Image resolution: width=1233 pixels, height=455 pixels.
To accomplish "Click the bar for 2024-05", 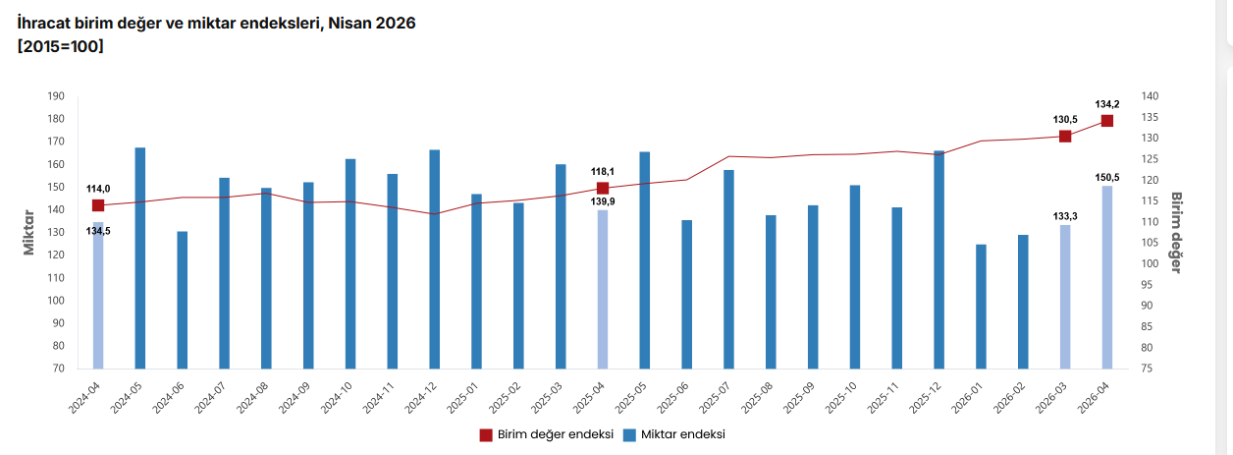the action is point(140,257).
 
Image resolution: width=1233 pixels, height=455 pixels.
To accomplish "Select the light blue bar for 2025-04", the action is point(603,289).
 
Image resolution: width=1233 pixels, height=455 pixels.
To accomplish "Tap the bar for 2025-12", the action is point(939,259).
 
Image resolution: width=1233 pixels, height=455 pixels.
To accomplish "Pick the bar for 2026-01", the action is point(981,307).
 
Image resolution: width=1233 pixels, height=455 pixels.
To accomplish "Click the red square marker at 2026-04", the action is point(1107,121).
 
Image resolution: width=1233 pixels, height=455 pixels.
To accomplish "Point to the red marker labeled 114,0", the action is point(98,205).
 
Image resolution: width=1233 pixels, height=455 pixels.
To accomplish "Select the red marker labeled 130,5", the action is point(1065,137).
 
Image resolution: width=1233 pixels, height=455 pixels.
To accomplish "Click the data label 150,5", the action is point(1107,177).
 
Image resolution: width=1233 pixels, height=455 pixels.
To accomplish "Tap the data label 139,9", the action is point(603,201).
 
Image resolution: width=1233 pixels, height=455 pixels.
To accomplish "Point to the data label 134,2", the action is point(1107,104).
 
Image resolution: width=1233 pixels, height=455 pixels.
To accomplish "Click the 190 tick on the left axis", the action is point(56,96).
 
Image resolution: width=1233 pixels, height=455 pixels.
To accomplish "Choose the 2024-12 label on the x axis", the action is point(421,398).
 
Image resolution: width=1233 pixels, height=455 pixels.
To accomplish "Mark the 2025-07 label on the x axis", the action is point(715,398).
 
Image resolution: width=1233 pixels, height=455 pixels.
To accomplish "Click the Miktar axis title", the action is point(28,233).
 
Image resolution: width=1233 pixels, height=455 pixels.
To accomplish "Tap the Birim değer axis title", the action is point(1176,233).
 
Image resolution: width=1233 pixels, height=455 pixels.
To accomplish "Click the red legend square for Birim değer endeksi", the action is point(486,435).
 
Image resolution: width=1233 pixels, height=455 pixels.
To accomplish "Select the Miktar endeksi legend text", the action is point(683,434).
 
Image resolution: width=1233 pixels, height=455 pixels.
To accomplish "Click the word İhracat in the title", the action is point(43,24).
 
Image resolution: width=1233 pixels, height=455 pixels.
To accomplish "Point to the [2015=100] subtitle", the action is point(61,46).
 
